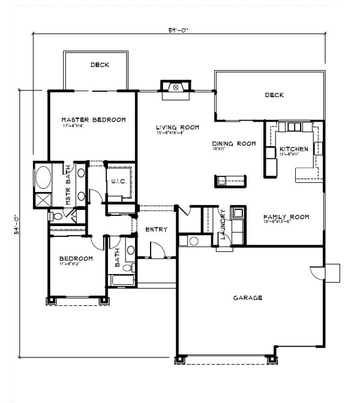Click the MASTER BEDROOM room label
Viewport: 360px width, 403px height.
(93, 119)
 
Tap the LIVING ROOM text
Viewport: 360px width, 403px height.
(177, 127)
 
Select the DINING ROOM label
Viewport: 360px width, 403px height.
(234, 143)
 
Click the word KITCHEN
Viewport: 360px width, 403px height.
(293, 149)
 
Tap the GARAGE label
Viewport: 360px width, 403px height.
(247, 297)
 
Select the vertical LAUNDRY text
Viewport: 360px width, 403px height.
(223, 224)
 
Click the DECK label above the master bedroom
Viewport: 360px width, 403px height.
(100, 65)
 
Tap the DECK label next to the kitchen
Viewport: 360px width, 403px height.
(273, 95)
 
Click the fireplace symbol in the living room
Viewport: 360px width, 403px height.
(176, 88)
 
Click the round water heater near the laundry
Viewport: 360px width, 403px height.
(193, 241)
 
